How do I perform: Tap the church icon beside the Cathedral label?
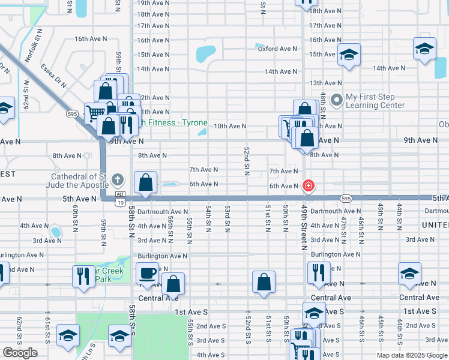(x=117, y=179)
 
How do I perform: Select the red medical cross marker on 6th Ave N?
(x=308, y=186)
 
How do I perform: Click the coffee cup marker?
(x=147, y=274)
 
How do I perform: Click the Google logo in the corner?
(x=20, y=353)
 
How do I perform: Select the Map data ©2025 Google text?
(x=411, y=355)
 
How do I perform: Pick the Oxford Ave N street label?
(x=277, y=49)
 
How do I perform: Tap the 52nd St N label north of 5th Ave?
(x=247, y=161)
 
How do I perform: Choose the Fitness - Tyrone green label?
(x=174, y=123)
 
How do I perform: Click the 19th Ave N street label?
(x=153, y=3)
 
